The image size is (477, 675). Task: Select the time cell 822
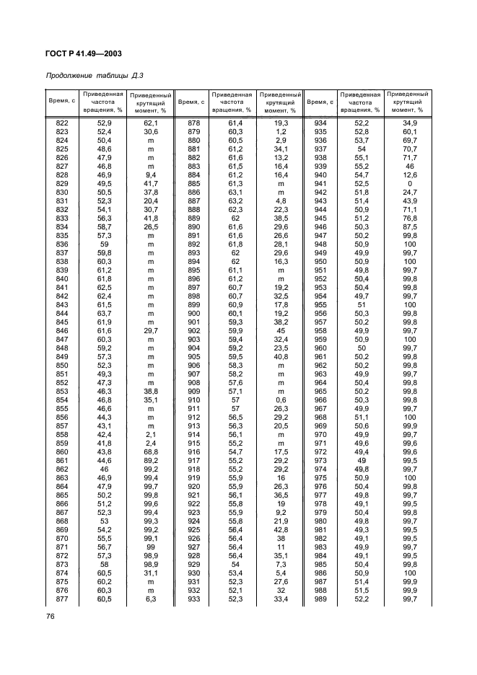[62, 124]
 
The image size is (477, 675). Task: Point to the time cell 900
[193, 313]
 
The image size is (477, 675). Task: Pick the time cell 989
[320, 599]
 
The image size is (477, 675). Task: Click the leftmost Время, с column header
[61, 102]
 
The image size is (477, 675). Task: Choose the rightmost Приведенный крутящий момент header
[408, 102]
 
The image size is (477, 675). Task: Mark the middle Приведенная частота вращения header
[232, 102]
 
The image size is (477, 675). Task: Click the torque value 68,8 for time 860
[152, 451]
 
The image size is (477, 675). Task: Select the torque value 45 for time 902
[281, 330]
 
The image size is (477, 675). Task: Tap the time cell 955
[320, 304]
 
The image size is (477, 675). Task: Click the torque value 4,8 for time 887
[281, 200]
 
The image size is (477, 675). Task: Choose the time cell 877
[62, 599]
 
